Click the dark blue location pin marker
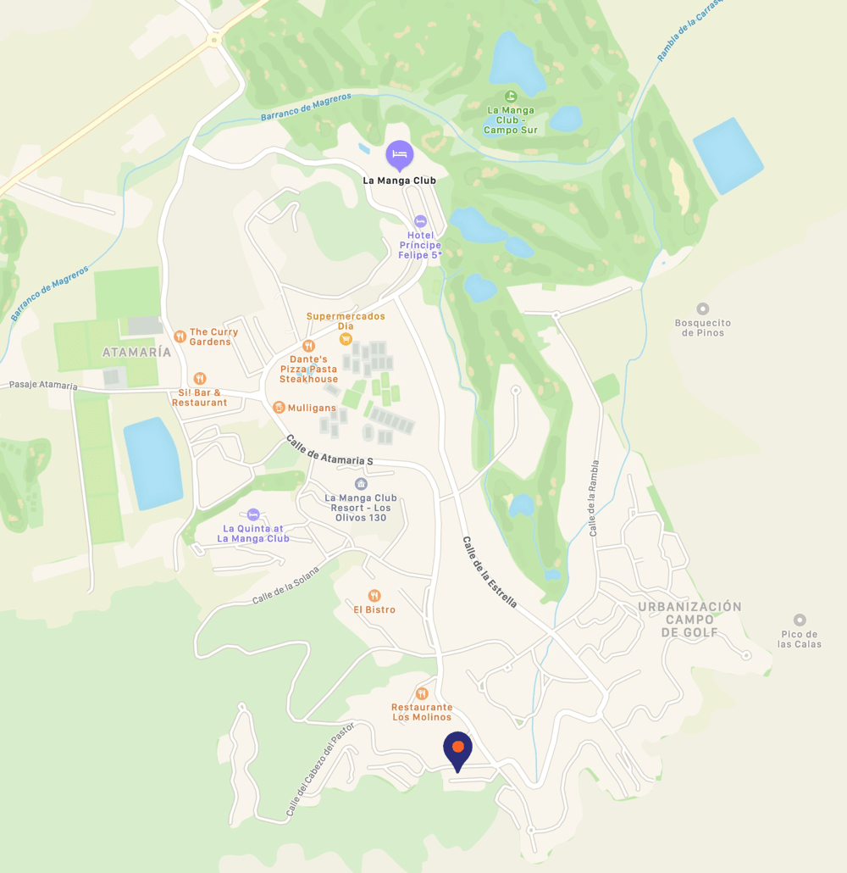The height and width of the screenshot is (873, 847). [457, 748]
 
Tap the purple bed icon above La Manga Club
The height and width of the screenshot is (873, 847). [400, 154]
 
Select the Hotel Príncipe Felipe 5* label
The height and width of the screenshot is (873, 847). [420, 245]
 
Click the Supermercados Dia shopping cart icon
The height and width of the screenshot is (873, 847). [346, 339]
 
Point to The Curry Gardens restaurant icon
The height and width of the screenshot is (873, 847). [180, 336]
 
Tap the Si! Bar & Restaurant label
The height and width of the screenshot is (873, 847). [199, 398]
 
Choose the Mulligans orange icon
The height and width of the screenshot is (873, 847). [279, 408]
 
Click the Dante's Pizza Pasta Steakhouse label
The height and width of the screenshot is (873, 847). [308, 369]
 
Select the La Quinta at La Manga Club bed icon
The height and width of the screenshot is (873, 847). [252, 514]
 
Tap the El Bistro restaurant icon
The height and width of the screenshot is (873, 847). [374, 596]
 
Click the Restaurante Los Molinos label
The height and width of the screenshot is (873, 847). [422, 712]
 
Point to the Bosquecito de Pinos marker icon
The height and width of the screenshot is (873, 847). [702, 309]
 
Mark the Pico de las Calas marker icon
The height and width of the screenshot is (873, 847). [799, 620]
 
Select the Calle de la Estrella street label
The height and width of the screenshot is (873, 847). [490, 572]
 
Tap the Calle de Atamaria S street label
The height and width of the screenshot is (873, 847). [329, 449]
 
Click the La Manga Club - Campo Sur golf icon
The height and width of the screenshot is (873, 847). [510, 97]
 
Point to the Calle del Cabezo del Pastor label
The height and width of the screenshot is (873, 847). [319, 770]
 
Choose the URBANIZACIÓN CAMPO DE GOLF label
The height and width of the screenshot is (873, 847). [689, 620]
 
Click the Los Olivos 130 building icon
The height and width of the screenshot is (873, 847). [361, 484]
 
